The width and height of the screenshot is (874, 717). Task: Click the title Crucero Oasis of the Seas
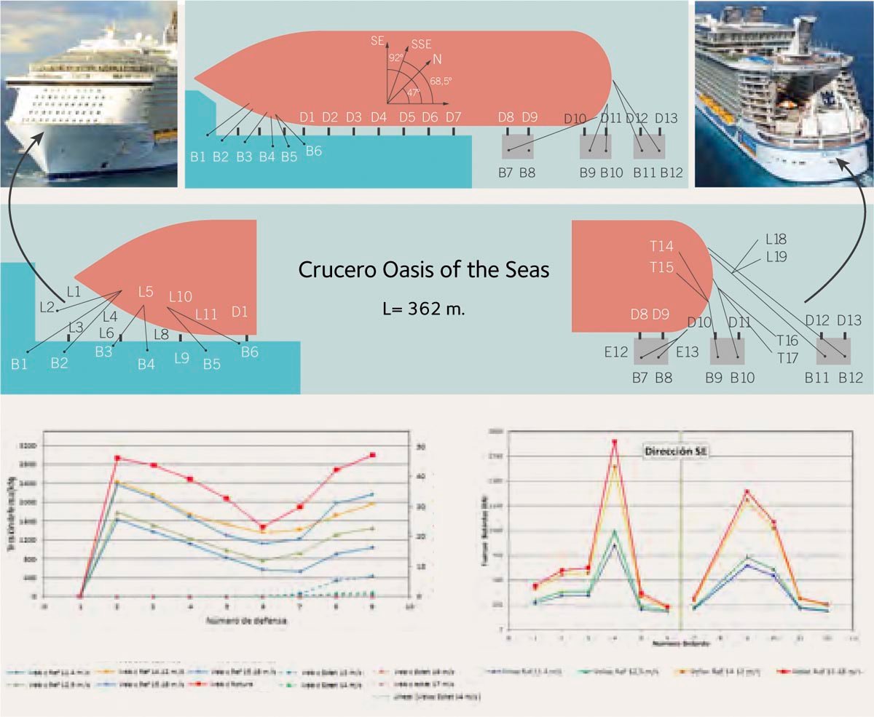[x=423, y=270]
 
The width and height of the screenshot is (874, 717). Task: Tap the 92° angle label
[x=395, y=58]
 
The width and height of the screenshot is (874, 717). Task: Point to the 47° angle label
[x=413, y=92]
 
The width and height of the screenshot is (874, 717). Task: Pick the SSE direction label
[x=422, y=44]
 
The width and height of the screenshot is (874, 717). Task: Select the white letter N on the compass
[x=436, y=59]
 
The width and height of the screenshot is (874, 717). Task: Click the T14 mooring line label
[x=661, y=246]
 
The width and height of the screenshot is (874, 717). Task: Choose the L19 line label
[x=776, y=255]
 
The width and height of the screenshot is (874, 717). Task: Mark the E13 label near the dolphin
[x=687, y=352]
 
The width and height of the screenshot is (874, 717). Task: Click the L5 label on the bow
[x=146, y=293]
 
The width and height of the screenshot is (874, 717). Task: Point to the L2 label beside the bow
[x=48, y=306]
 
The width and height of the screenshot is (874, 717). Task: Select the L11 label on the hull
[x=206, y=314]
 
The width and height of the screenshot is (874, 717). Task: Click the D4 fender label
[x=378, y=117]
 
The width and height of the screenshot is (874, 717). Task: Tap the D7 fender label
[x=453, y=117]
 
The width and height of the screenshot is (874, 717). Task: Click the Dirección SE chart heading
[x=677, y=451]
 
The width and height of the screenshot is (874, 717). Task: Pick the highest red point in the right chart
[x=615, y=442]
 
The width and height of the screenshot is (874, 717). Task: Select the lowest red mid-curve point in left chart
[x=262, y=527]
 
